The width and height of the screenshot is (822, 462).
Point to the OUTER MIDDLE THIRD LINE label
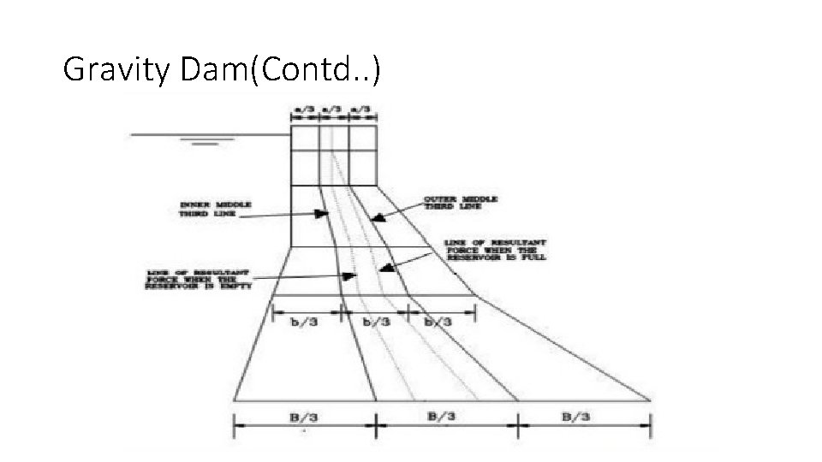coord(461,203)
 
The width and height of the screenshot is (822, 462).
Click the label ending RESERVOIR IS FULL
coord(496,250)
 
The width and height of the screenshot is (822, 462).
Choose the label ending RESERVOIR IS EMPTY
coord(197,280)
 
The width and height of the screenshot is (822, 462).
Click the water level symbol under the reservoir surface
coord(206,142)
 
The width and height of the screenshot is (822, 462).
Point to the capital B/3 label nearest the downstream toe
coord(575,416)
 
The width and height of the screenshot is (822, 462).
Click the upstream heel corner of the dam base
coord(234,400)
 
